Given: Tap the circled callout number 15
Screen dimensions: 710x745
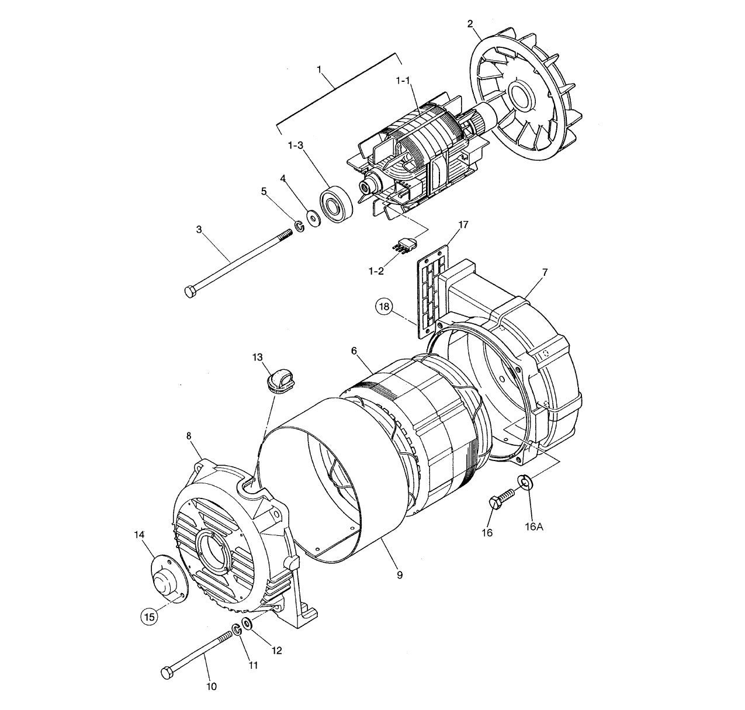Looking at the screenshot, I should coord(149,615).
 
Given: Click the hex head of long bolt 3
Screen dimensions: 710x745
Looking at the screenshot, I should coord(190,291).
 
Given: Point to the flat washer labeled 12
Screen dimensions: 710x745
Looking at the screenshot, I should coord(248,624).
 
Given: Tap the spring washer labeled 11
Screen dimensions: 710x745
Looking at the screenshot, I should coord(237,630).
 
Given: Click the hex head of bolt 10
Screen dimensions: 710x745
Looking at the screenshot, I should coord(167,673).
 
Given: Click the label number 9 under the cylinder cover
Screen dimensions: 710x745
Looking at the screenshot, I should coord(399,575).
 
